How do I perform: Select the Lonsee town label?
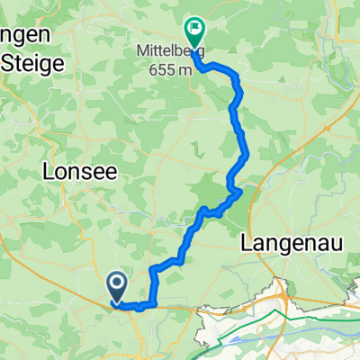click(x=76, y=174)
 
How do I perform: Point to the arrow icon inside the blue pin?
click(x=118, y=285)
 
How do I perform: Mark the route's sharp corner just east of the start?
click(x=155, y=303)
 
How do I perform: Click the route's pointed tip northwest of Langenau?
click(x=240, y=190)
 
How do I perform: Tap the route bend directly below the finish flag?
click(x=200, y=65)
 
